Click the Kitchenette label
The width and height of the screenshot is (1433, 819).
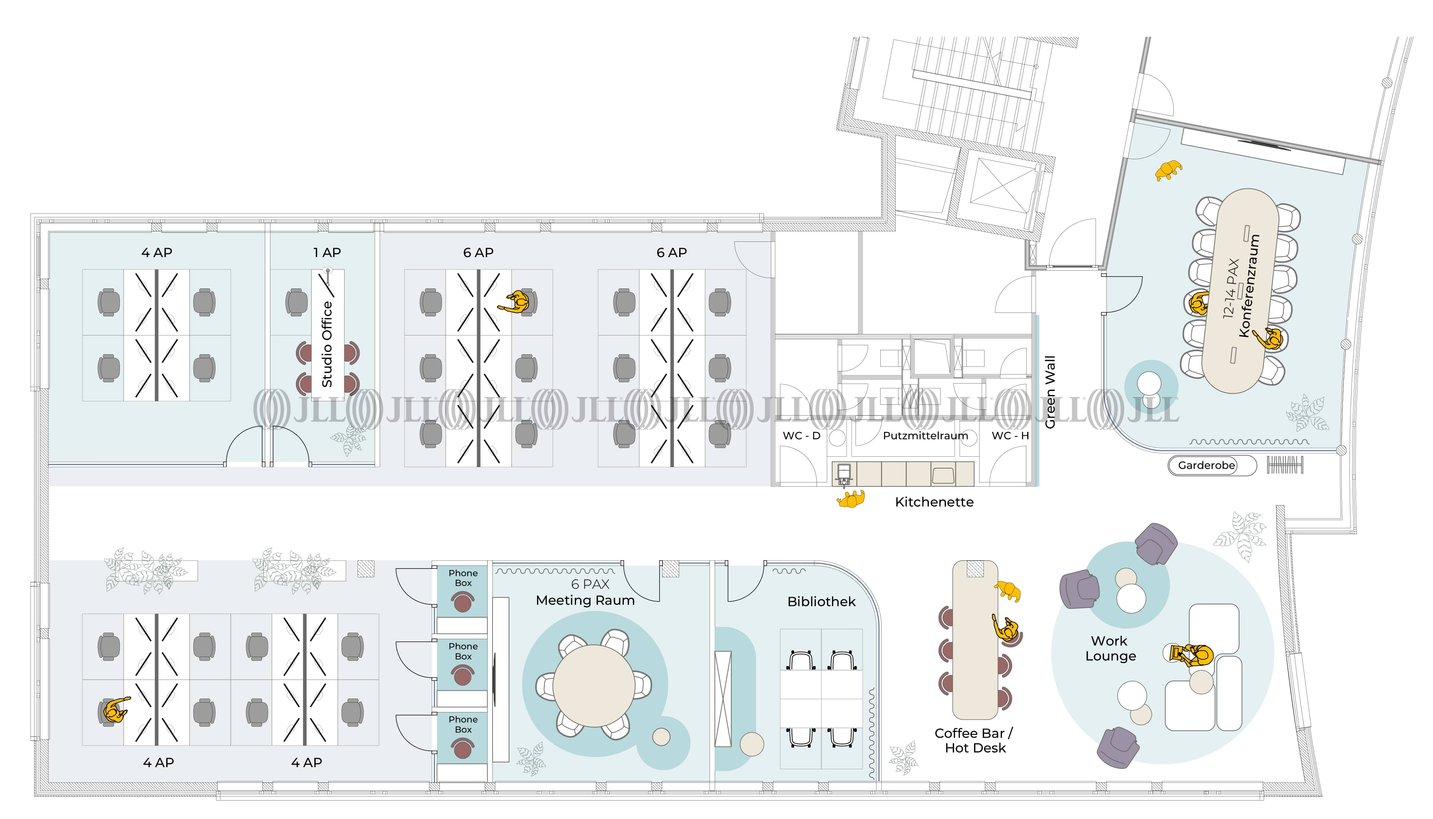934,502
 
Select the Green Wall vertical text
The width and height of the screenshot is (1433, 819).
1050,392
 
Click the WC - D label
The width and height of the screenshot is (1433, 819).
801,435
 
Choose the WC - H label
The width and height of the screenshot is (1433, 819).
1010,435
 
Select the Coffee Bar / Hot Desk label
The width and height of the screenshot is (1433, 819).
974,740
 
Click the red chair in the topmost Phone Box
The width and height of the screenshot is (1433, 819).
462,602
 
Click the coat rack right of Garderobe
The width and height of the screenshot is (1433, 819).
1285,465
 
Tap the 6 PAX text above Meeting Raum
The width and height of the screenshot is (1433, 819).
590,584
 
